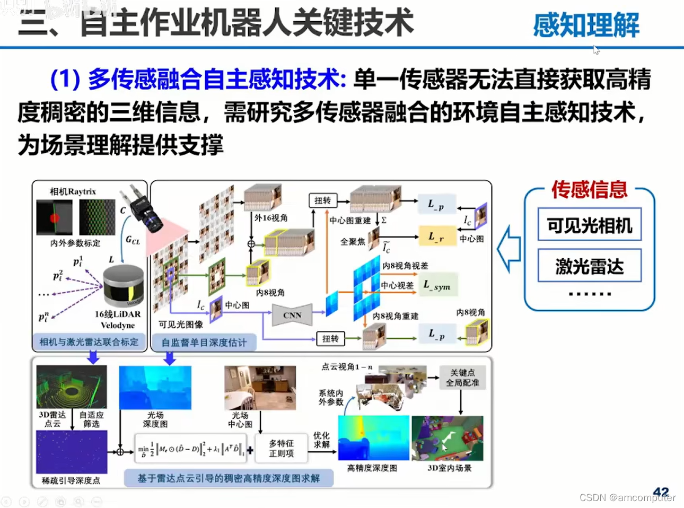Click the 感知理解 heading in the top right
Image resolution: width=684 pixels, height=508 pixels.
(586, 25)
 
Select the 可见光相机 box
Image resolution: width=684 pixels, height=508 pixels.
(590, 225)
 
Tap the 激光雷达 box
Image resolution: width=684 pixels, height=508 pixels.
(590, 267)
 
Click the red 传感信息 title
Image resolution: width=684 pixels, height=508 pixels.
(589, 189)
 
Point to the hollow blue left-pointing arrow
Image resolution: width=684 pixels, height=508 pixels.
(509, 248)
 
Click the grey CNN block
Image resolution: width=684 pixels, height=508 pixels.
(292, 315)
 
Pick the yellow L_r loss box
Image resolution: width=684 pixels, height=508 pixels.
(436, 237)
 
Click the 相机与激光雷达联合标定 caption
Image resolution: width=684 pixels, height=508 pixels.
(89, 342)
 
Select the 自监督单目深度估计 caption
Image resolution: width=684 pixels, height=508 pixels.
(204, 343)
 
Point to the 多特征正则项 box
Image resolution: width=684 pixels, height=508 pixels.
(281, 448)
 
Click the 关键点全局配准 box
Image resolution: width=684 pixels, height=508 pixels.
(462, 378)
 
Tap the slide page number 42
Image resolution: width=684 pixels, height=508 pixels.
(661, 492)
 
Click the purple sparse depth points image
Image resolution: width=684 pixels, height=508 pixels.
(72, 452)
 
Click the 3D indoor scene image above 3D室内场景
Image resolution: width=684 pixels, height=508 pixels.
(448, 438)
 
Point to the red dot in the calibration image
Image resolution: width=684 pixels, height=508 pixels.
(54, 218)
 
